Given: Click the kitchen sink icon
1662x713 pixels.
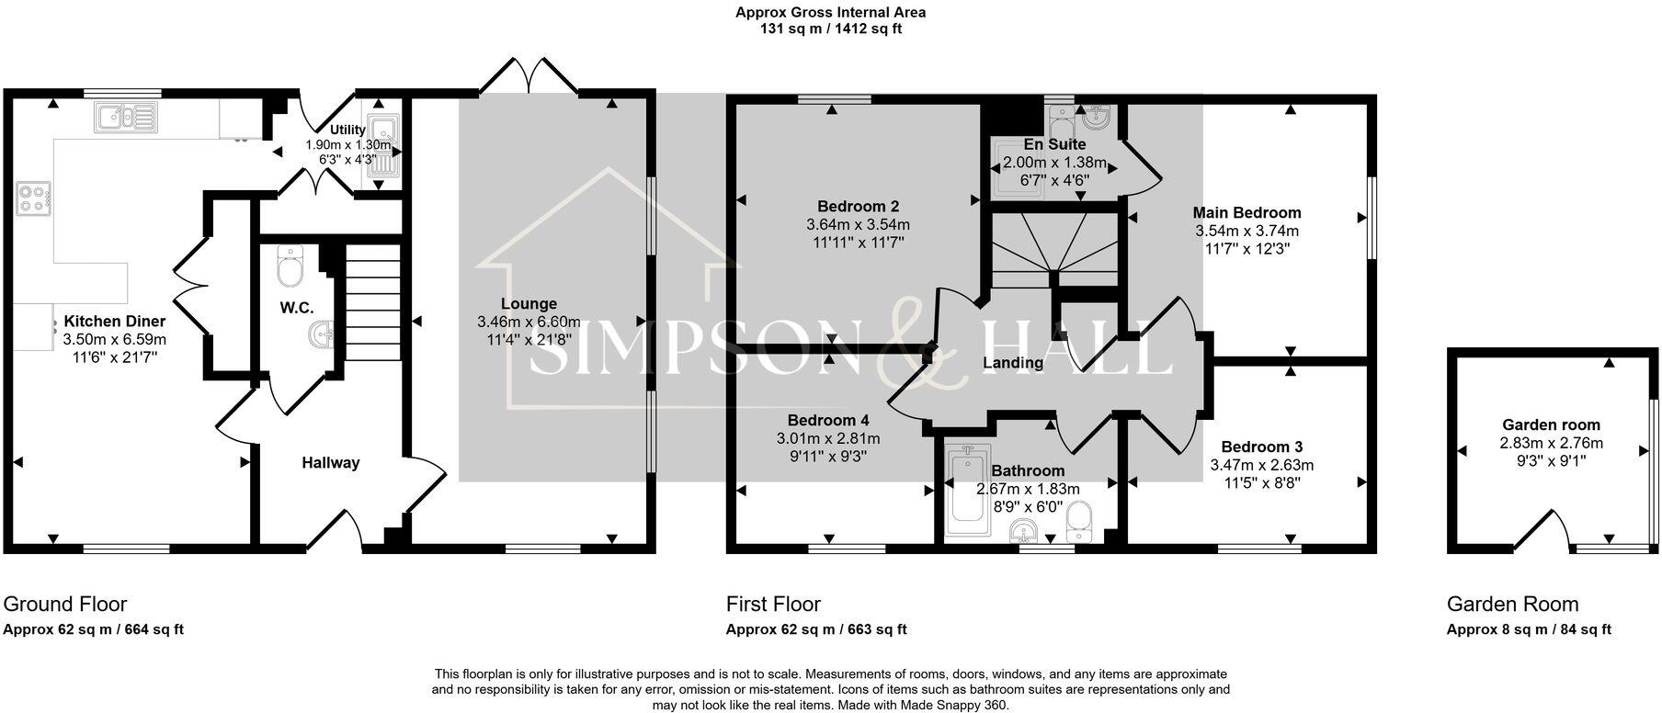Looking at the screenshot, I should pos(125,116).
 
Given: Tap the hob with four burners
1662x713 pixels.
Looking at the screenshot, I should pos(33,198).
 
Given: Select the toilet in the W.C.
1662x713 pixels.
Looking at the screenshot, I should pos(290,266).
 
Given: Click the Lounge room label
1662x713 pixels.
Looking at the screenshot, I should pos(529,304).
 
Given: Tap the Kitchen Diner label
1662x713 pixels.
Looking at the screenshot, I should pos(115,322).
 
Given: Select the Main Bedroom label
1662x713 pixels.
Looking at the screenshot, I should pos(1246,213).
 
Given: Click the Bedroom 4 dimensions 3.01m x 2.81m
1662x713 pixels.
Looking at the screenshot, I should pos(827,438).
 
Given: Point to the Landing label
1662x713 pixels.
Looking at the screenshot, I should pos(1013,363).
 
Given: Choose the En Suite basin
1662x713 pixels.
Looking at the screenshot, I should pos(1095,117).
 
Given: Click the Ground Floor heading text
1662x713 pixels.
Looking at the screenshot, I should pos(65,604).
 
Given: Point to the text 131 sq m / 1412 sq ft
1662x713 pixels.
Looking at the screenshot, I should pos(830,28).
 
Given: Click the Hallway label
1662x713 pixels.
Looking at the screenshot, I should pos(331,463).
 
